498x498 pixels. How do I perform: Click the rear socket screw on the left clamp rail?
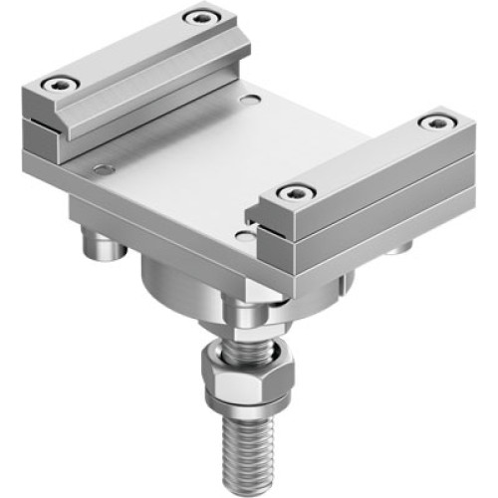[x=202, y=17]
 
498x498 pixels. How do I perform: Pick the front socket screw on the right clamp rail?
[x=292, y=191]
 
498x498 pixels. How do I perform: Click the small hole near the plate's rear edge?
[x=250, y=100]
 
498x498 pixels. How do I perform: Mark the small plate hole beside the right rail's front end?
[x=244, y=235]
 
